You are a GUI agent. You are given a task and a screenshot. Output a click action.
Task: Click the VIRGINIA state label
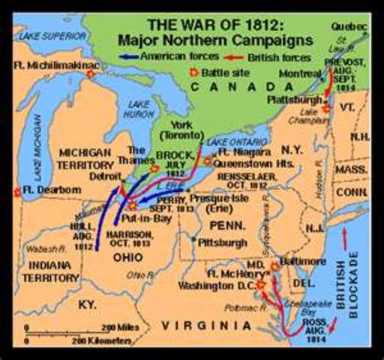point(211,325)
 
